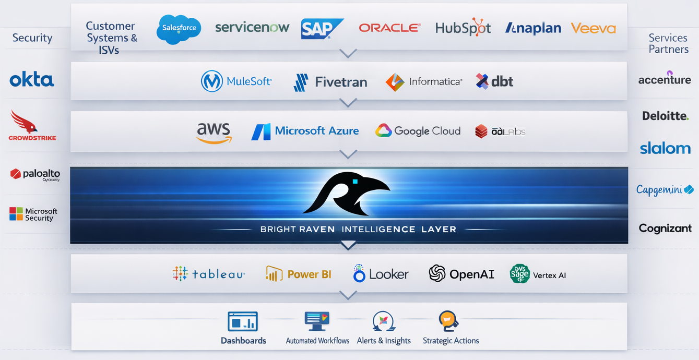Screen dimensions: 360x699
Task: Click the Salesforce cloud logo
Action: [179, 28]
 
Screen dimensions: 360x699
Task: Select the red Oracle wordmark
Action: [389, 28]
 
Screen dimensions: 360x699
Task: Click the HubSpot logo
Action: [463, 28]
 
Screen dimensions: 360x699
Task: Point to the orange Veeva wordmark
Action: [593, 28]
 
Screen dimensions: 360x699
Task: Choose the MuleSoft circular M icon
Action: [212, 81]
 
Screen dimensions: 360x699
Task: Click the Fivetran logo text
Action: [341, 82]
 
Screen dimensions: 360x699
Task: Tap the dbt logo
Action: [494, 81]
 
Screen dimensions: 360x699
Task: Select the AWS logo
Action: [214, 132]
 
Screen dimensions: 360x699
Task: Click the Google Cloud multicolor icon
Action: [383, 130]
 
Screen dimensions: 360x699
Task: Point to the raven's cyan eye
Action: [354, 182]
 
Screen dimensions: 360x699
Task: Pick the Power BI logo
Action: [298, 274]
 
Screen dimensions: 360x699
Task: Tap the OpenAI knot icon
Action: [437, 273]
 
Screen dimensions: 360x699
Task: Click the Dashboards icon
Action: [243, 321]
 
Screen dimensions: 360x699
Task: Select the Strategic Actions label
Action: [451, 341]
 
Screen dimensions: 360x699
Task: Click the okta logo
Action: [32, 80]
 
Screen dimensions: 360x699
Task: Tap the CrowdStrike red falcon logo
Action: [25, 122]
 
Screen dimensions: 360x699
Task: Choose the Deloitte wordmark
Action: [665, 116]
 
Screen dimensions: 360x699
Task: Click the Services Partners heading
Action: [668, 43]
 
